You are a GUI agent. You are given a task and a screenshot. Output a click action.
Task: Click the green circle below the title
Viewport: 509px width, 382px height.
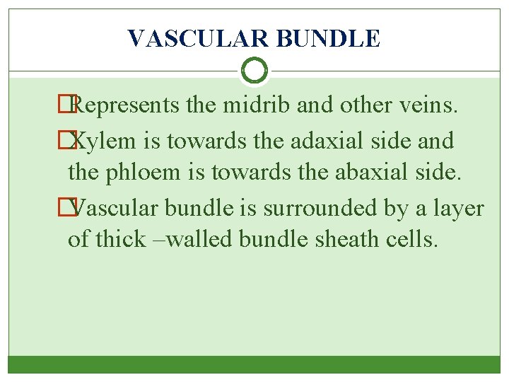click(x=254, y=71)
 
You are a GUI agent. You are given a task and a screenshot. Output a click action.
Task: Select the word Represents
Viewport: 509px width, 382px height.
click(x=127, y=106)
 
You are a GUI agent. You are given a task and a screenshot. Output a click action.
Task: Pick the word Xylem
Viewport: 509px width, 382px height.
click(x=105, y=141)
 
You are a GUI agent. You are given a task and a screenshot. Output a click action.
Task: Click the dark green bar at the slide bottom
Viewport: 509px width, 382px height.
click(x=254, y=364)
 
